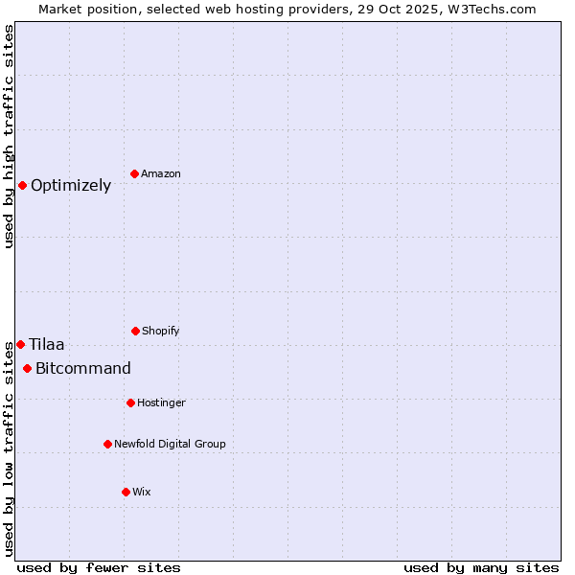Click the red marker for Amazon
(x=135, y=173)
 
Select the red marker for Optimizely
(x=22, y=185)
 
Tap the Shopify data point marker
(x=135, y=331)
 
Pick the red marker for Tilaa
(x=20, y=344)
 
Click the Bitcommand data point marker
(x=27, y=368)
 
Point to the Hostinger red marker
(x=130, y=402)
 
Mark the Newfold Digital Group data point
(x=107, y=444)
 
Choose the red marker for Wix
(x=126, y=492)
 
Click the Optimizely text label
(x=71, y=186)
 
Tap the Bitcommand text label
(x=83, y=369)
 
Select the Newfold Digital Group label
(x=170, y=445)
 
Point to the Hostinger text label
(x=161, y=403)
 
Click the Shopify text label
(x=161, y=332)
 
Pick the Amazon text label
(x=161, y=174)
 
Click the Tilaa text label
(x=47, y=345)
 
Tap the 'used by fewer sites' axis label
(x=99, y=567)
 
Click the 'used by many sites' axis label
(x=481, y=567)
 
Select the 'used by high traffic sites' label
(x=9, y=137)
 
